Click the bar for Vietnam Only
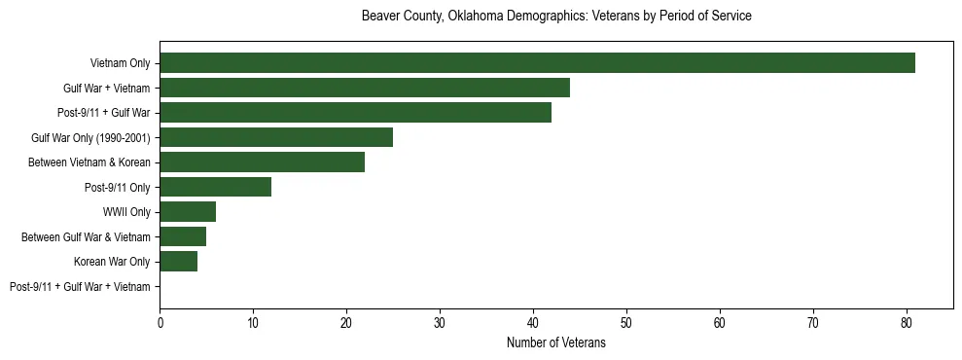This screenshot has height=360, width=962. [537, 63]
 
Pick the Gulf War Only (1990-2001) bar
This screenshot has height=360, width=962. [276, 137]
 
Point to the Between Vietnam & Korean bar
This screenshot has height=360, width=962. [262, 162]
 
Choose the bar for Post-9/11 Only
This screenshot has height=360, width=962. [215, 187]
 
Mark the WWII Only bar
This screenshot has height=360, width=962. [188, 212]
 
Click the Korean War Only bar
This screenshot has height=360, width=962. [178, 262]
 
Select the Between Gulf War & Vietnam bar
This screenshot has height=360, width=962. [183, 236]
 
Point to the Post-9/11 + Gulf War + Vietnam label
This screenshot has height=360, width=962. [80, 287]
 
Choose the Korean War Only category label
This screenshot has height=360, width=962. [112, 262]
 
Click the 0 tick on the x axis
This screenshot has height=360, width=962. [160, 323]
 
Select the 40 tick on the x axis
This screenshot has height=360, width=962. [533, 323]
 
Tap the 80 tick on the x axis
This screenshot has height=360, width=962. [907, 323]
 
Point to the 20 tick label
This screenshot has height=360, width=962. [346, 323]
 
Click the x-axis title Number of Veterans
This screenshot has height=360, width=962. [555, 342]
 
